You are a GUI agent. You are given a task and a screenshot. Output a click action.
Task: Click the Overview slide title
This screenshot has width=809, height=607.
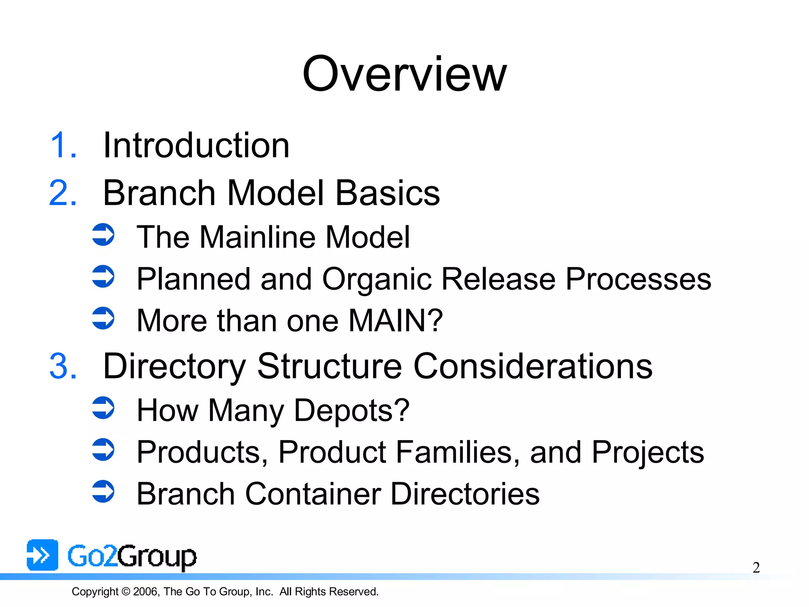coord(404,74)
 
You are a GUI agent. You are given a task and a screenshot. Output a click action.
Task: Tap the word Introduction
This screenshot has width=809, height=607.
coord(196,146)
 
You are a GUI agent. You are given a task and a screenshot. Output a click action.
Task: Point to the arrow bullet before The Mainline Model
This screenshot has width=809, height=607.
coord(103,235)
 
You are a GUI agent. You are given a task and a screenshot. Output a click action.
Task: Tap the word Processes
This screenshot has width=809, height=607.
coord(638,279)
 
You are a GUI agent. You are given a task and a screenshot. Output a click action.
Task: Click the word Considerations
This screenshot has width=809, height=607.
coord(533,367)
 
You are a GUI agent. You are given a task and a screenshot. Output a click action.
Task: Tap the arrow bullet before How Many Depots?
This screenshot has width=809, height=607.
coord(103,408)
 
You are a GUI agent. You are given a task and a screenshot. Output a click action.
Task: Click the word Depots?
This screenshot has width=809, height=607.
coord(352,411)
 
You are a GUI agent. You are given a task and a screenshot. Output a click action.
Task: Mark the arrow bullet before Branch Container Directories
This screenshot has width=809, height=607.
coord(103,491)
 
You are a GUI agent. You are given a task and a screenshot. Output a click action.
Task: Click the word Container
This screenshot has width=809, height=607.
coord(313,494)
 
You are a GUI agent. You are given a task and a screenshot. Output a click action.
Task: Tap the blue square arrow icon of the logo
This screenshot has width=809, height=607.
coord(42,555)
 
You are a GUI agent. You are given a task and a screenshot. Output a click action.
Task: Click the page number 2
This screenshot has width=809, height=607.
coord(756,568)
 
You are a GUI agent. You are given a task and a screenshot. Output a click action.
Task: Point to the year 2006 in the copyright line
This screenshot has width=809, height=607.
coord(146,592)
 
